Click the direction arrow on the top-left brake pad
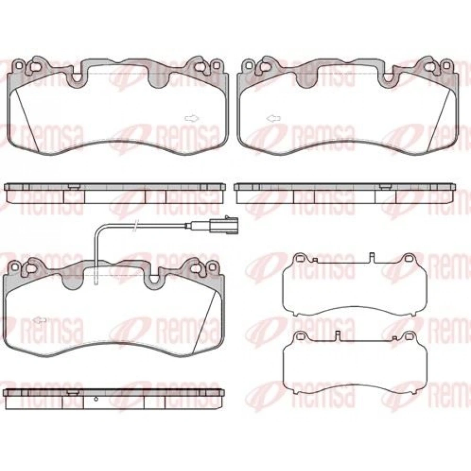[x=192, y=119]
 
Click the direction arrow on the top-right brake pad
[x=273, y=119]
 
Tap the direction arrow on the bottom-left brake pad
[x=40, y=320]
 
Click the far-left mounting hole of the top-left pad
[x=19, y=65]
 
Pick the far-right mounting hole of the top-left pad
[x=216, y=65]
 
